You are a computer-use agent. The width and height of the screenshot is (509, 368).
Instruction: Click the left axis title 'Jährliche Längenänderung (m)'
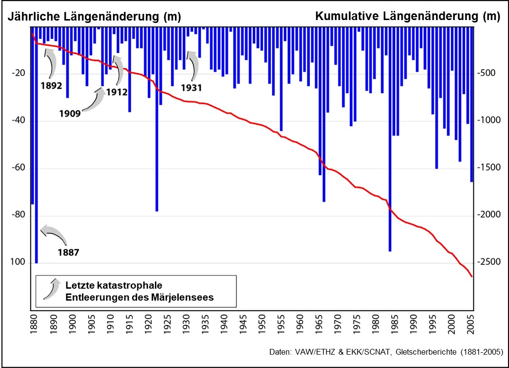tap(93, 17)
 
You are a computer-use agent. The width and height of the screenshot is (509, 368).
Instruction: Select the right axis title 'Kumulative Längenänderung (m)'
tap(408, 17)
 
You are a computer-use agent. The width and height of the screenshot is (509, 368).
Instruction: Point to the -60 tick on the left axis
tap(18, 168)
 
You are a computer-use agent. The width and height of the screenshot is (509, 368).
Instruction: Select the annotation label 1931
tap(192, 88)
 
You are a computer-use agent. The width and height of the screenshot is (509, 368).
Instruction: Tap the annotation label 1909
tap(70, 114)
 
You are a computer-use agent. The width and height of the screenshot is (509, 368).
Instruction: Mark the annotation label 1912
tap(117, 92)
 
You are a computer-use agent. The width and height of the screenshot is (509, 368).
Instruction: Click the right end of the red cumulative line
tap(472, 276)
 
